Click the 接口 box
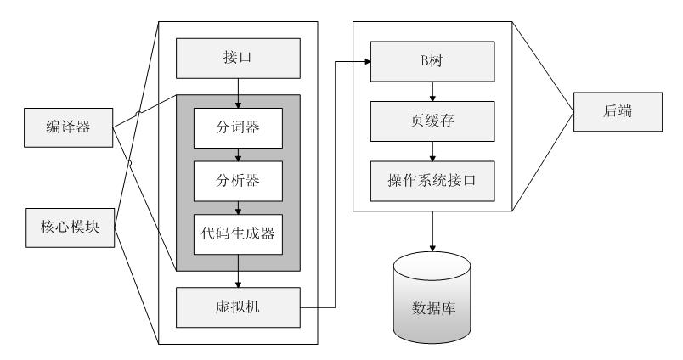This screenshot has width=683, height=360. tap(239, 60)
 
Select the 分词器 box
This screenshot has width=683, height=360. tap(239, 128)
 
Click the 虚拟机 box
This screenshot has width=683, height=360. tap(239, 307)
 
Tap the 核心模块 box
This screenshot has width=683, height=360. tap(68, 229)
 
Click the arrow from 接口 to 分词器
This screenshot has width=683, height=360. tap(239, 92)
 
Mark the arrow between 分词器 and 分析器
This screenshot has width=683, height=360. tap(239, 154)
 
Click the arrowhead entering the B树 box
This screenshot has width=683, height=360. tap(366, 62)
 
